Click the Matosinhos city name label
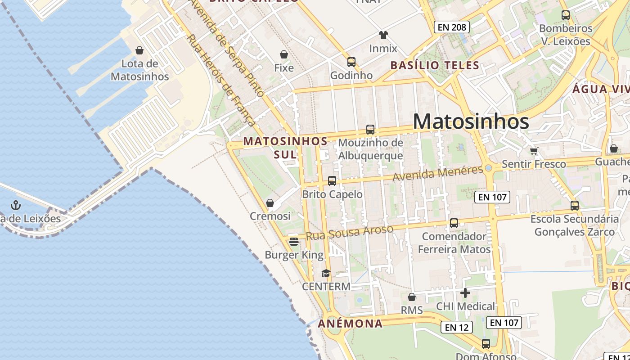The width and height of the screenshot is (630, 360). (471, 121)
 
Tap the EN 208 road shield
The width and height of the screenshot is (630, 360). (452, 27)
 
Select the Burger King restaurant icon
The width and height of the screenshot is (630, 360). (294, 242)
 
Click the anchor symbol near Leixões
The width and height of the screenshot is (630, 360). (16, 206)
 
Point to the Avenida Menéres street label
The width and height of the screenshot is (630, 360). (438, 174)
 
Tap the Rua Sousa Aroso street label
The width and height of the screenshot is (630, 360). (349, 233)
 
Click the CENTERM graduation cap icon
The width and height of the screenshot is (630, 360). (326, 273)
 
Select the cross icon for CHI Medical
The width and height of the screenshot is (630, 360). (465, 293)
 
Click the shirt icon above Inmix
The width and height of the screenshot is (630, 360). (383, 35)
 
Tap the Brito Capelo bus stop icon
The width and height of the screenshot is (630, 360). (332, 181)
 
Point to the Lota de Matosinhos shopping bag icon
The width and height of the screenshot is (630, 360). (139, 50)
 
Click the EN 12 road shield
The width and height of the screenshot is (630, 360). (457, 327)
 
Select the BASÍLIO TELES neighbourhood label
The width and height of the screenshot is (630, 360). (435, 65)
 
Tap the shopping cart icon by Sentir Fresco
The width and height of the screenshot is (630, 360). (534, 151)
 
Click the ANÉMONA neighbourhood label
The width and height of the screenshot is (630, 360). (350, 323)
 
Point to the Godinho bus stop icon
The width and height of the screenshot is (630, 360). (351, 62)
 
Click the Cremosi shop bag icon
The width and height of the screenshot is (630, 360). (270, 203)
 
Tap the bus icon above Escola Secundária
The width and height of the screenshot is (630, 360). (575, 206)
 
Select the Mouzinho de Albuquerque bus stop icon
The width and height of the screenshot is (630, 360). (370, 130)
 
